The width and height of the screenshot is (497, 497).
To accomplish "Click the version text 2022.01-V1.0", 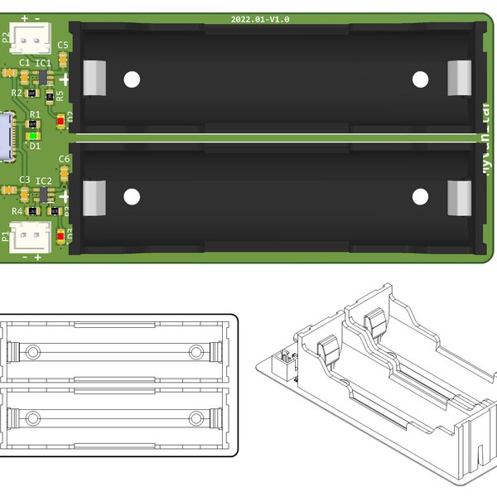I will tap(262, 19).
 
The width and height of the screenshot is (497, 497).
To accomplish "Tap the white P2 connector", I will tap(34, 36).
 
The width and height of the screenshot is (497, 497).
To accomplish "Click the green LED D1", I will tap(33, 136).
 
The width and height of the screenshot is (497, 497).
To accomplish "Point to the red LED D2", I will tap(61, 121).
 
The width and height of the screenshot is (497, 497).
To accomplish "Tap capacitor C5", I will tap(65, 57).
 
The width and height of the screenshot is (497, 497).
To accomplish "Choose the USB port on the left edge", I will tap(7, 136).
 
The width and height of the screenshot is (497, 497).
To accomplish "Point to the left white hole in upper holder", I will tap(131, 80).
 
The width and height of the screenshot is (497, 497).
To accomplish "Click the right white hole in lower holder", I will tap(420, 196).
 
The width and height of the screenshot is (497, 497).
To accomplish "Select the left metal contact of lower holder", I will tap(94, 197).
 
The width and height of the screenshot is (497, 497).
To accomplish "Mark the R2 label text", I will tap(17, 93).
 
